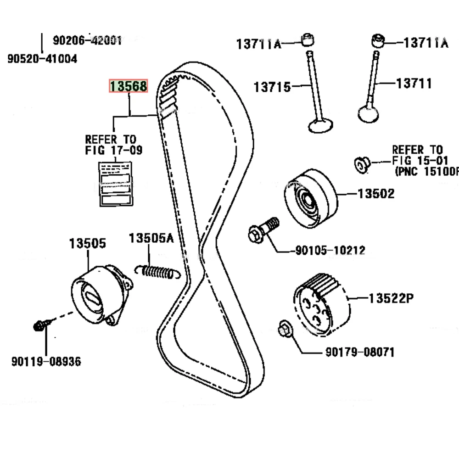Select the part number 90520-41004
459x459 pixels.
[x=42, y=59]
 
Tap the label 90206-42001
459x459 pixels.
[x=87, y=40]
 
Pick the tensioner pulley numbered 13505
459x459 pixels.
[x=99, y=294]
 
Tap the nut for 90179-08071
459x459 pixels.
[x=283, y=329]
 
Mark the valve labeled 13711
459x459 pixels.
[x=371, y=92]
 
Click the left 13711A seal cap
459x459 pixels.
[x=308, y=40]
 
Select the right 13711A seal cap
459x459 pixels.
[x=378, y=41]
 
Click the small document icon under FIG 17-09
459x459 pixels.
[x=116, y=183]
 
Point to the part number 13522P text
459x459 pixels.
[x=391, y=299]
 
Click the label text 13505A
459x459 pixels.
[x=151, y=238]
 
